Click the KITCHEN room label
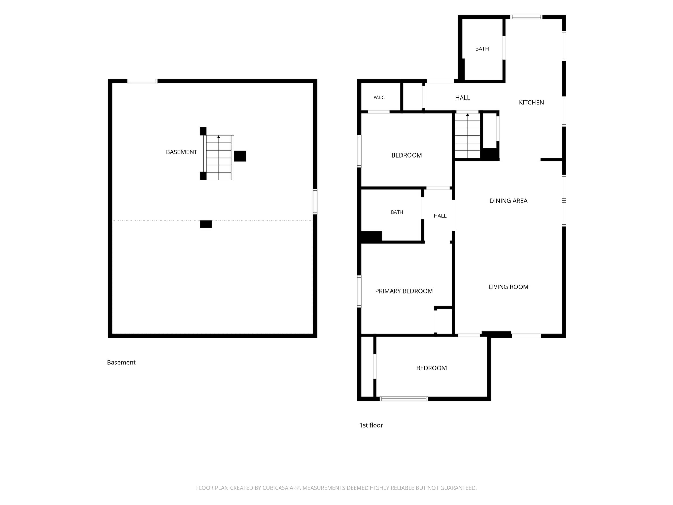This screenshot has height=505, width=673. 531,103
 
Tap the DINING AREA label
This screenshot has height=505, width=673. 509,201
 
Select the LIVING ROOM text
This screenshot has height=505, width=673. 509,287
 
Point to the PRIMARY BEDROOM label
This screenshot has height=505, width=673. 404,291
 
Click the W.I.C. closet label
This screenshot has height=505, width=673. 379,98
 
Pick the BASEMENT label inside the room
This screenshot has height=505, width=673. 181,152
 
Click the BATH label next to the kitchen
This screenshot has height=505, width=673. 482,49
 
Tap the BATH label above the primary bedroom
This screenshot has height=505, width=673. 397,212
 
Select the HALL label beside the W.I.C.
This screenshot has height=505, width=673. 462,98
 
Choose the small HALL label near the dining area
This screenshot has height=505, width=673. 440,216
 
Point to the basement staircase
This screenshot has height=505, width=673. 219,158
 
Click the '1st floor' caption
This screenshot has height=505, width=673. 371,425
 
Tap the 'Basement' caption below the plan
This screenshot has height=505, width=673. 121,363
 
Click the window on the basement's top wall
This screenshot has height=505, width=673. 142,81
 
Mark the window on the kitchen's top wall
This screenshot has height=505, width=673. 526,17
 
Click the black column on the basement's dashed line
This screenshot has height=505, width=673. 206,224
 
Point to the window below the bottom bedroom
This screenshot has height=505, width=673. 404,399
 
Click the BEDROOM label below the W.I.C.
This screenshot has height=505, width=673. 407,155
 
